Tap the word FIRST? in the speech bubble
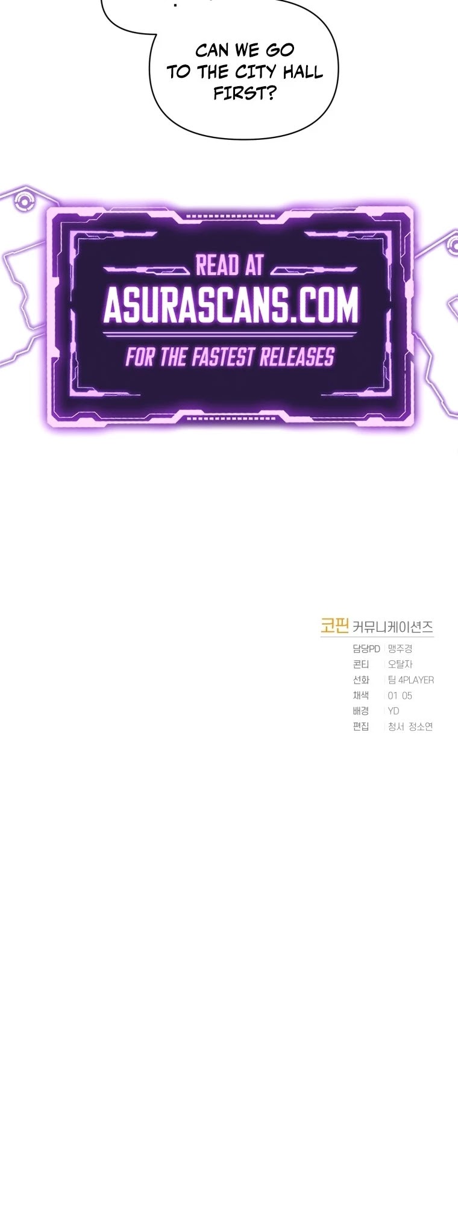point(244,93)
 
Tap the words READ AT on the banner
point(230,266)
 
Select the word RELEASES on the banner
point(296,358)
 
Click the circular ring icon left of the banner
point(24,201)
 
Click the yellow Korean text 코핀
point(335,626)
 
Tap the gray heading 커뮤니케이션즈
point(392,627)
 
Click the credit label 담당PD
point(366,649)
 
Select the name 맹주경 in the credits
point(400,649)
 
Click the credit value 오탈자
point(400,664)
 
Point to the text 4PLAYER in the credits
point(416,680)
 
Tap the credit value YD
point(394,711)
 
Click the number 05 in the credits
point(407,696)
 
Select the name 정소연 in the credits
point(421,727)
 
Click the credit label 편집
point(361,727)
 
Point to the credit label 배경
point(361,711)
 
